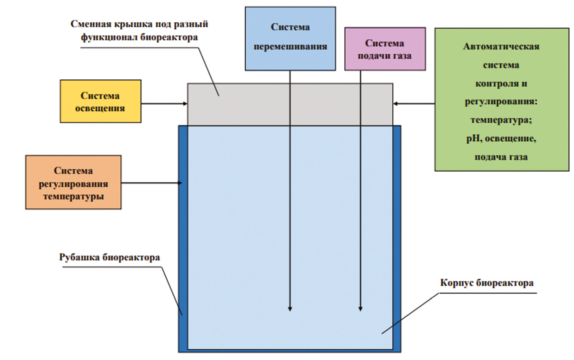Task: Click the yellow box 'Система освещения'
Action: (x=100, y=101)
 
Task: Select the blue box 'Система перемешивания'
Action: (x=290, y=38)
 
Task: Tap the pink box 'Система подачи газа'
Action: (x=384, y=49)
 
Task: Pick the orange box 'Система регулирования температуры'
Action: (x=73, y=183)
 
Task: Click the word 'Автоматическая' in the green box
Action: (x=501, y=47)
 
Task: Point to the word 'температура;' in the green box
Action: (x=501, y=120)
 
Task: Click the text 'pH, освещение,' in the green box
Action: (x=501, y=138)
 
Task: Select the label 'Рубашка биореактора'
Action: (x=109, y=258)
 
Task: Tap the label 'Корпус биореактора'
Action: (x=487, y=283)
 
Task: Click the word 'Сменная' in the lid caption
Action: (x=91, y=24)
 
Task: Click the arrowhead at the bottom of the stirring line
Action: (x=290, y=309)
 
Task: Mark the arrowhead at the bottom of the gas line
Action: (x=361, y=309)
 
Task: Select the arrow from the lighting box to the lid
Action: (x=164, y=104)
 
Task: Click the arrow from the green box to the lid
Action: (x=414, y=104)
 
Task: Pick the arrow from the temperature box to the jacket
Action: (x=152, y=183)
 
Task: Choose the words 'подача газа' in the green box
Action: (x=501, y=157)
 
